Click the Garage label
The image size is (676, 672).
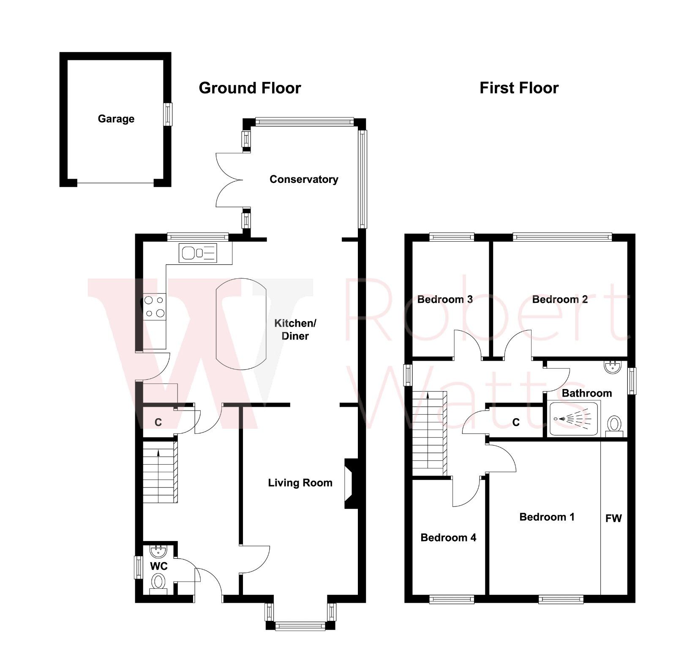click(x=116, y=119)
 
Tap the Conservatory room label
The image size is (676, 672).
click(x=303, y=180)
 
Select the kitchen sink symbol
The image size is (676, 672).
click(x=198, y=253)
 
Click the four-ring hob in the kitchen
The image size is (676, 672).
click(x=154, y=307)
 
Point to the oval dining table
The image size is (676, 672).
click(x=241, y=324)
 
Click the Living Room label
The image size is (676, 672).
click(x=300, y=483)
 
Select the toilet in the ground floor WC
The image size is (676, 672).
click(x=158, y=582)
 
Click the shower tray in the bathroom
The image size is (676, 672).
click(x=573, y=419)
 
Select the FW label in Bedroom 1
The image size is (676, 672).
click(x=613, y=518)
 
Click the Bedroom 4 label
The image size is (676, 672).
click(x=448, y=538)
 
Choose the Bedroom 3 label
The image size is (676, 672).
click(x=444, y=299)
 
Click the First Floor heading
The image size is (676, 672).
click(x=519, y=88)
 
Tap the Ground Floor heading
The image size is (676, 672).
click(x=250, y=88)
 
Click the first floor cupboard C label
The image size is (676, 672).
click(x=515, y=422)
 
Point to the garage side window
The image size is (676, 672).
click(x=168, y=114)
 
